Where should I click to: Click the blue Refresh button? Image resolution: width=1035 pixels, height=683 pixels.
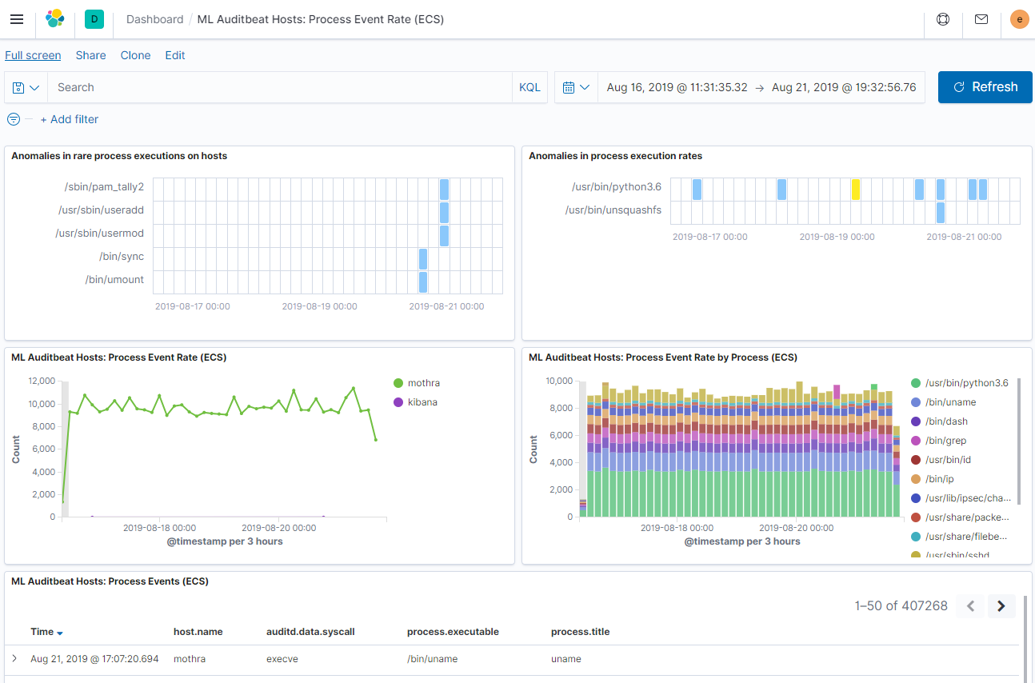pos(985,87)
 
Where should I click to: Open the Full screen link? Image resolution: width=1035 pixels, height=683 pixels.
pos(33,55)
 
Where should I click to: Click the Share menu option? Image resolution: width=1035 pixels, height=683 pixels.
pos(90,55)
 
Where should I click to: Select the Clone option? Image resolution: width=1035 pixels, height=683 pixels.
pos(135,55)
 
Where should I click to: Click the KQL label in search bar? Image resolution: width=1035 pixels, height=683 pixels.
pos(529,87)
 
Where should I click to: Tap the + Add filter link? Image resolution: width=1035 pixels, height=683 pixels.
pos(70,119)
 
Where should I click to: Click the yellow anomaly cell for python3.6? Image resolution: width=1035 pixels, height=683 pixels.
pos(856,190)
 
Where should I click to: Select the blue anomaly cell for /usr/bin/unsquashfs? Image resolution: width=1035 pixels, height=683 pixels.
pos(941,213)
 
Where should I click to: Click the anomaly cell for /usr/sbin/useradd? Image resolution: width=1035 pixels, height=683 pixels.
pos(444,213)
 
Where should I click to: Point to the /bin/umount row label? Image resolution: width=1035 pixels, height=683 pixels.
pos(114,280)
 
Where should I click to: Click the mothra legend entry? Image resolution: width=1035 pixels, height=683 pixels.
pos(423,383)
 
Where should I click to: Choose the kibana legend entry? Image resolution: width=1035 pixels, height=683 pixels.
pos(422,402)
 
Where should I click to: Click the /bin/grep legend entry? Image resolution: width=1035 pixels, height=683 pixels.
pos(945,441)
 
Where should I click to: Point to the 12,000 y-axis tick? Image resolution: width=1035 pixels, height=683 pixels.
pos(41,381)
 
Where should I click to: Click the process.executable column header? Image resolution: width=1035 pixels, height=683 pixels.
pos(453,632)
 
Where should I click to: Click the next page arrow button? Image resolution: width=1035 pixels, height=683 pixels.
pos(1001,606)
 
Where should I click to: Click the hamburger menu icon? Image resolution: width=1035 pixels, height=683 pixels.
pos(17,19)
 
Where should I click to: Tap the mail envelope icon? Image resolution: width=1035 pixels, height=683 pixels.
pos(981,19)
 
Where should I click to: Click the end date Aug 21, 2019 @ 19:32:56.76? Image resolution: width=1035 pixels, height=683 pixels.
pos(844,87)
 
